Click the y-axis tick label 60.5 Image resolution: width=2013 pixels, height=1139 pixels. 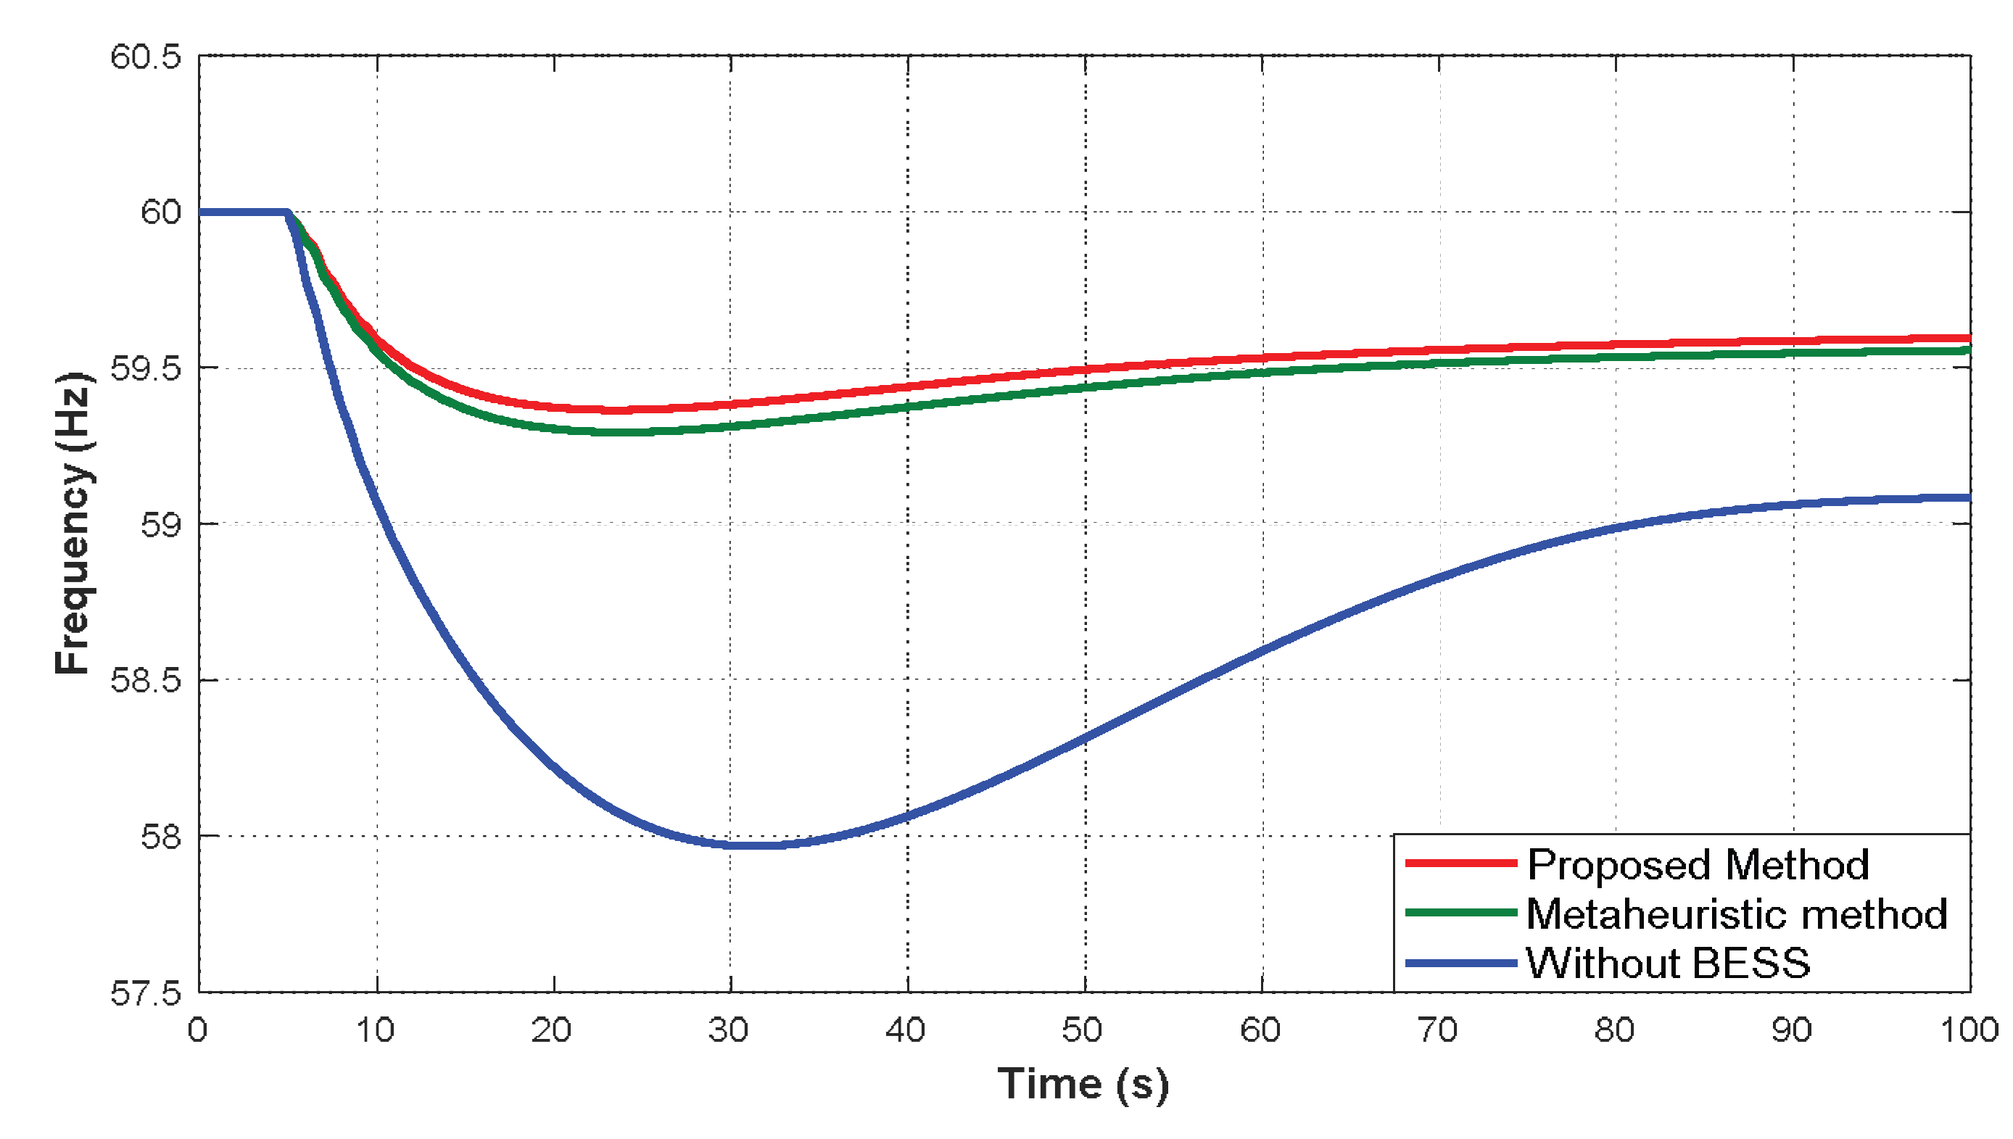coord(146,57)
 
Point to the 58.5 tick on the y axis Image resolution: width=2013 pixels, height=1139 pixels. coord(146,681)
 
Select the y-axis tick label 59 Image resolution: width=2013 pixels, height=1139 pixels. coord(160,525)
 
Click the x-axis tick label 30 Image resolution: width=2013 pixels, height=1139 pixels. coord(729,1030)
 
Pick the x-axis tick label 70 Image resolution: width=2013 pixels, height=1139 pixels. coord(1438,1030)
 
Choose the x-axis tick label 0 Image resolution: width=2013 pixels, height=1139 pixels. coord(198,1030)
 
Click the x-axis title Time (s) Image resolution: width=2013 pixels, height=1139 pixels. coord(1083,1085)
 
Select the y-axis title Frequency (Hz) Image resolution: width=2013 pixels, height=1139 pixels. coord(74,523)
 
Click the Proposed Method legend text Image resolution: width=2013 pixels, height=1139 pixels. coord(1698,865)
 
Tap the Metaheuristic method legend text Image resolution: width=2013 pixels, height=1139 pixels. coord(1737,914)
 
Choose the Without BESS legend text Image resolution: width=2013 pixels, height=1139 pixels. coord(1668,963)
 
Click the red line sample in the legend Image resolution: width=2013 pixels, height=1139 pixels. coord(1460,863)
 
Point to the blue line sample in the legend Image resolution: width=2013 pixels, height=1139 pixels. coord(1460,962)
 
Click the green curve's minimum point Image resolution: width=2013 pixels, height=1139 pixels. coord(626,432)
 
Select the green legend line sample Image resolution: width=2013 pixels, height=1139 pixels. coord(1460,912)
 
